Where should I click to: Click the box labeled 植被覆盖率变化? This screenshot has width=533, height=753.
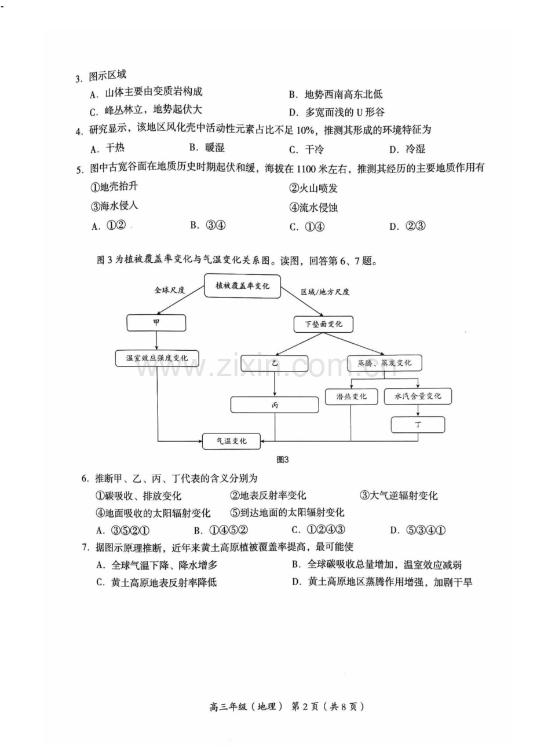point(242,286)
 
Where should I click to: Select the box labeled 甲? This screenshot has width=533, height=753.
point(156,323)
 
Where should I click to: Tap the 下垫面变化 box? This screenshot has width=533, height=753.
point(323,324)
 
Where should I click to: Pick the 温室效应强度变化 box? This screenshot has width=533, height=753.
point(156,358)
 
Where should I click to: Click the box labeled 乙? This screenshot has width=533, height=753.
point(275,363)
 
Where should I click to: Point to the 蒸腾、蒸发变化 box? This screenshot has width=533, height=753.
point(384,363)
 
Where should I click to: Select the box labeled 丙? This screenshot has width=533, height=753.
point(275,405)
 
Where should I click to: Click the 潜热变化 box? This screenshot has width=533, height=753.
point(351,396)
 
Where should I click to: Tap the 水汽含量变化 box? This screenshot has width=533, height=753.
point(418,396)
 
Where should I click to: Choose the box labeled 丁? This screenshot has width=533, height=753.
point(418,425)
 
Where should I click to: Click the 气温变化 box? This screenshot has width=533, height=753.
point(232,441)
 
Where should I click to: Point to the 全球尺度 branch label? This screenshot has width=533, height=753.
point(170,290)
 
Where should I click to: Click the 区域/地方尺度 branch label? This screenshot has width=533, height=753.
point(325,292)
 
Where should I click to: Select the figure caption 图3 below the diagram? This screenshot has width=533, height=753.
point(283,460)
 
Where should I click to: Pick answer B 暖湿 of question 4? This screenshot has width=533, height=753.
point(207,148)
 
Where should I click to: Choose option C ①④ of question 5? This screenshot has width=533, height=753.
point(307,227)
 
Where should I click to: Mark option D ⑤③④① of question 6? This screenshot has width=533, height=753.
point(418,531)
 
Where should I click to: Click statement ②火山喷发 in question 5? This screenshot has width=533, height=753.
point(313,188)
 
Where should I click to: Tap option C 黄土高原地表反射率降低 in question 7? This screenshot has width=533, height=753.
point(156,582)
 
